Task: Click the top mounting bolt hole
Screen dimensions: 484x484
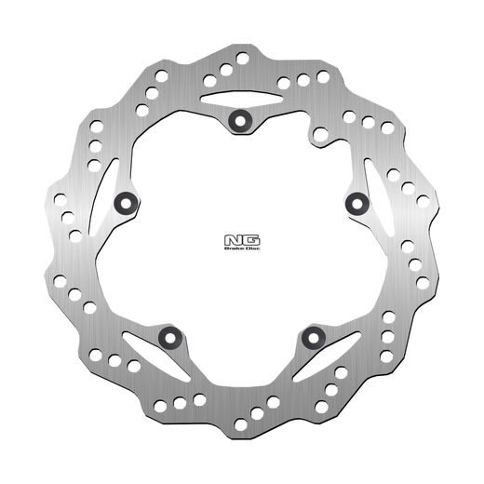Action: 239,118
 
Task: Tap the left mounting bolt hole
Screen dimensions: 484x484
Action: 125,201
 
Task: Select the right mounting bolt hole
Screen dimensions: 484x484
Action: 355,201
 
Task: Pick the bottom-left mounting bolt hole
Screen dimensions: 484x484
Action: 168,336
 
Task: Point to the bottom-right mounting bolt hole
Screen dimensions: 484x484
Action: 311,336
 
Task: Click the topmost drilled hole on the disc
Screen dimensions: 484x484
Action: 242,58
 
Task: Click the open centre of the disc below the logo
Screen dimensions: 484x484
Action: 239,298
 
